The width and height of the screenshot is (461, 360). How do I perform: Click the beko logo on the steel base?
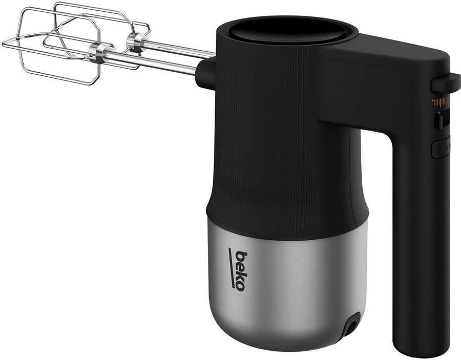(237, 270)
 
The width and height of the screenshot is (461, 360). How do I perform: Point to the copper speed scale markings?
(440, 101)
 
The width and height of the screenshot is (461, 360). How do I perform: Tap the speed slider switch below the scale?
(439, 120)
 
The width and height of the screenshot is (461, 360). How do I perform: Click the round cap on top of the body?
(287, 31)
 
